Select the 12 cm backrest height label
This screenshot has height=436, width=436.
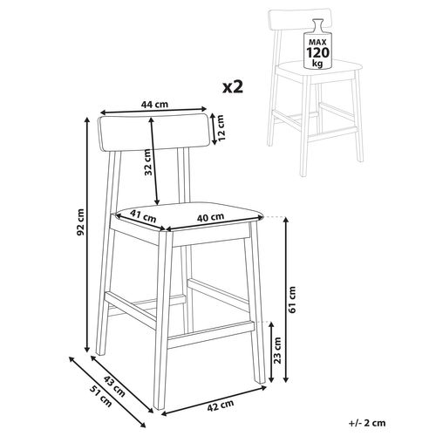tap(221, 129)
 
